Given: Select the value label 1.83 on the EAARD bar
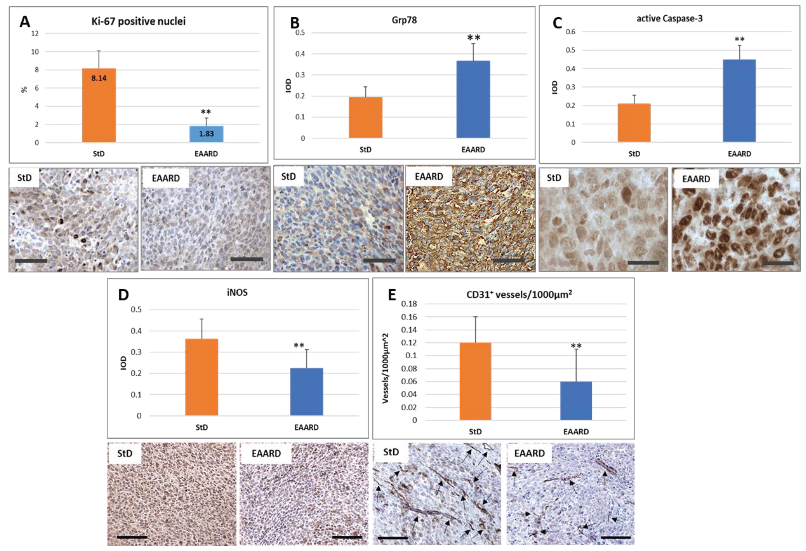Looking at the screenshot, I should (206, 134).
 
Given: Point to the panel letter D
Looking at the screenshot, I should (124, 295).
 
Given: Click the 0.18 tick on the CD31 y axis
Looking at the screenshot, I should (409, 304).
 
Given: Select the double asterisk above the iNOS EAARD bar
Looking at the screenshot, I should (299, 346).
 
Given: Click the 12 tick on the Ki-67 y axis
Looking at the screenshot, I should (35, 34).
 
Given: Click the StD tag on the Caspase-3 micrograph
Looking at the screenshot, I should (554, 178).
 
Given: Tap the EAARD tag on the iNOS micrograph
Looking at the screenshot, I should (266, 454).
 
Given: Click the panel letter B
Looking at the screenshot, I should (294, 23).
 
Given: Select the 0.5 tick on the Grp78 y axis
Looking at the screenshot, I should (300, 33).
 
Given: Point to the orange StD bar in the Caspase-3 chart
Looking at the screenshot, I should (634, 123).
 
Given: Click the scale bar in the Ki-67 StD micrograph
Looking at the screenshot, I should (31, 261).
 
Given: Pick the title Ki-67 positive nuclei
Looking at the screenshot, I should (138, 22).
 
